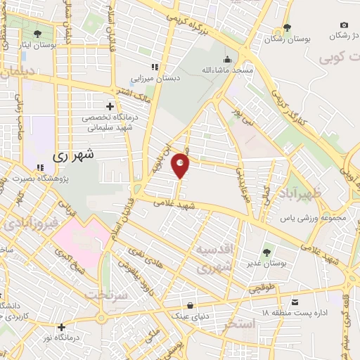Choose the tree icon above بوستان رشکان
(286, 28)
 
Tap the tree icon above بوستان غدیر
(267, 251)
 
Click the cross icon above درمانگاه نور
(63, 327)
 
